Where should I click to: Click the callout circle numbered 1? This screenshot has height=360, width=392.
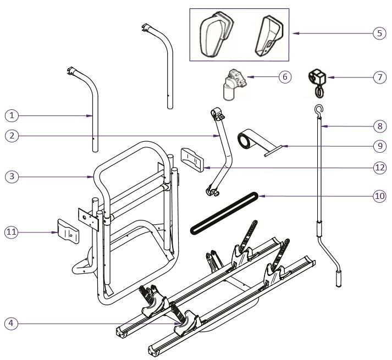tap(12, 115)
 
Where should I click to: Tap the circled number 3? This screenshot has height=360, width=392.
tap(12, 176)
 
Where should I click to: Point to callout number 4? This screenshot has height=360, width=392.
tap(12, 323)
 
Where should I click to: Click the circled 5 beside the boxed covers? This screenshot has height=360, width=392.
tap(378, 34)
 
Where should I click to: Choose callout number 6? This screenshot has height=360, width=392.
tap(284, 77)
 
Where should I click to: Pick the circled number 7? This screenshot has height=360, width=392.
tap(378, 77)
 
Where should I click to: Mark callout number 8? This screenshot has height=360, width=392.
tap(378, 126)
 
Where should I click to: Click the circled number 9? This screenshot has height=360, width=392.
tap(378, 146)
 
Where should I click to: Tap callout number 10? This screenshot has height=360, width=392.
tap(378, 196)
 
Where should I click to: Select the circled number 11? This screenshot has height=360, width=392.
tap(12, 232)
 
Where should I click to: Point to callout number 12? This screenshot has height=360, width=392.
tap(378, 168)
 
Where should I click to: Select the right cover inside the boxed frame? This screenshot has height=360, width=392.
tap(267, 34)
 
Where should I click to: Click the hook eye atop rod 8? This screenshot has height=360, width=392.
tap(318, 109)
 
